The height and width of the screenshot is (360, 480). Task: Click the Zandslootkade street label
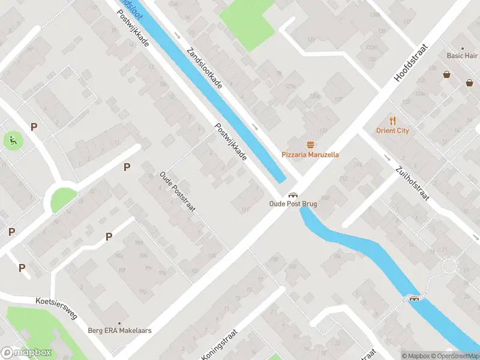205,68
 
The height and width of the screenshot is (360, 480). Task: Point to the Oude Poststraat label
178,191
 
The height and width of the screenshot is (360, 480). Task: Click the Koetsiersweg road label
56,308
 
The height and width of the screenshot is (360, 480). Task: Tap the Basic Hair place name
463,56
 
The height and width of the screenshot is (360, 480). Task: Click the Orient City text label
392,130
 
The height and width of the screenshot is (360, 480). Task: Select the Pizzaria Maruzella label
310,154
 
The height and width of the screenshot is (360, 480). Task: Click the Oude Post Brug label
293,204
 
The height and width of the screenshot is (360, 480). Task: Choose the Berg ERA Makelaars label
119,331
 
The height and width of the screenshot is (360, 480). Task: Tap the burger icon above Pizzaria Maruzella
310,145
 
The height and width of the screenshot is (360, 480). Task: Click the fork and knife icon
392,121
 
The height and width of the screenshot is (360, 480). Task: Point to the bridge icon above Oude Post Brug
293,195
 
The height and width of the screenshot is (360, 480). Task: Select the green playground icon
12,141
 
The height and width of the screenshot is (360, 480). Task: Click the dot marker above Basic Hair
463,48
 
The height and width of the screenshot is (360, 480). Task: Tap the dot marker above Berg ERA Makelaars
119,323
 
